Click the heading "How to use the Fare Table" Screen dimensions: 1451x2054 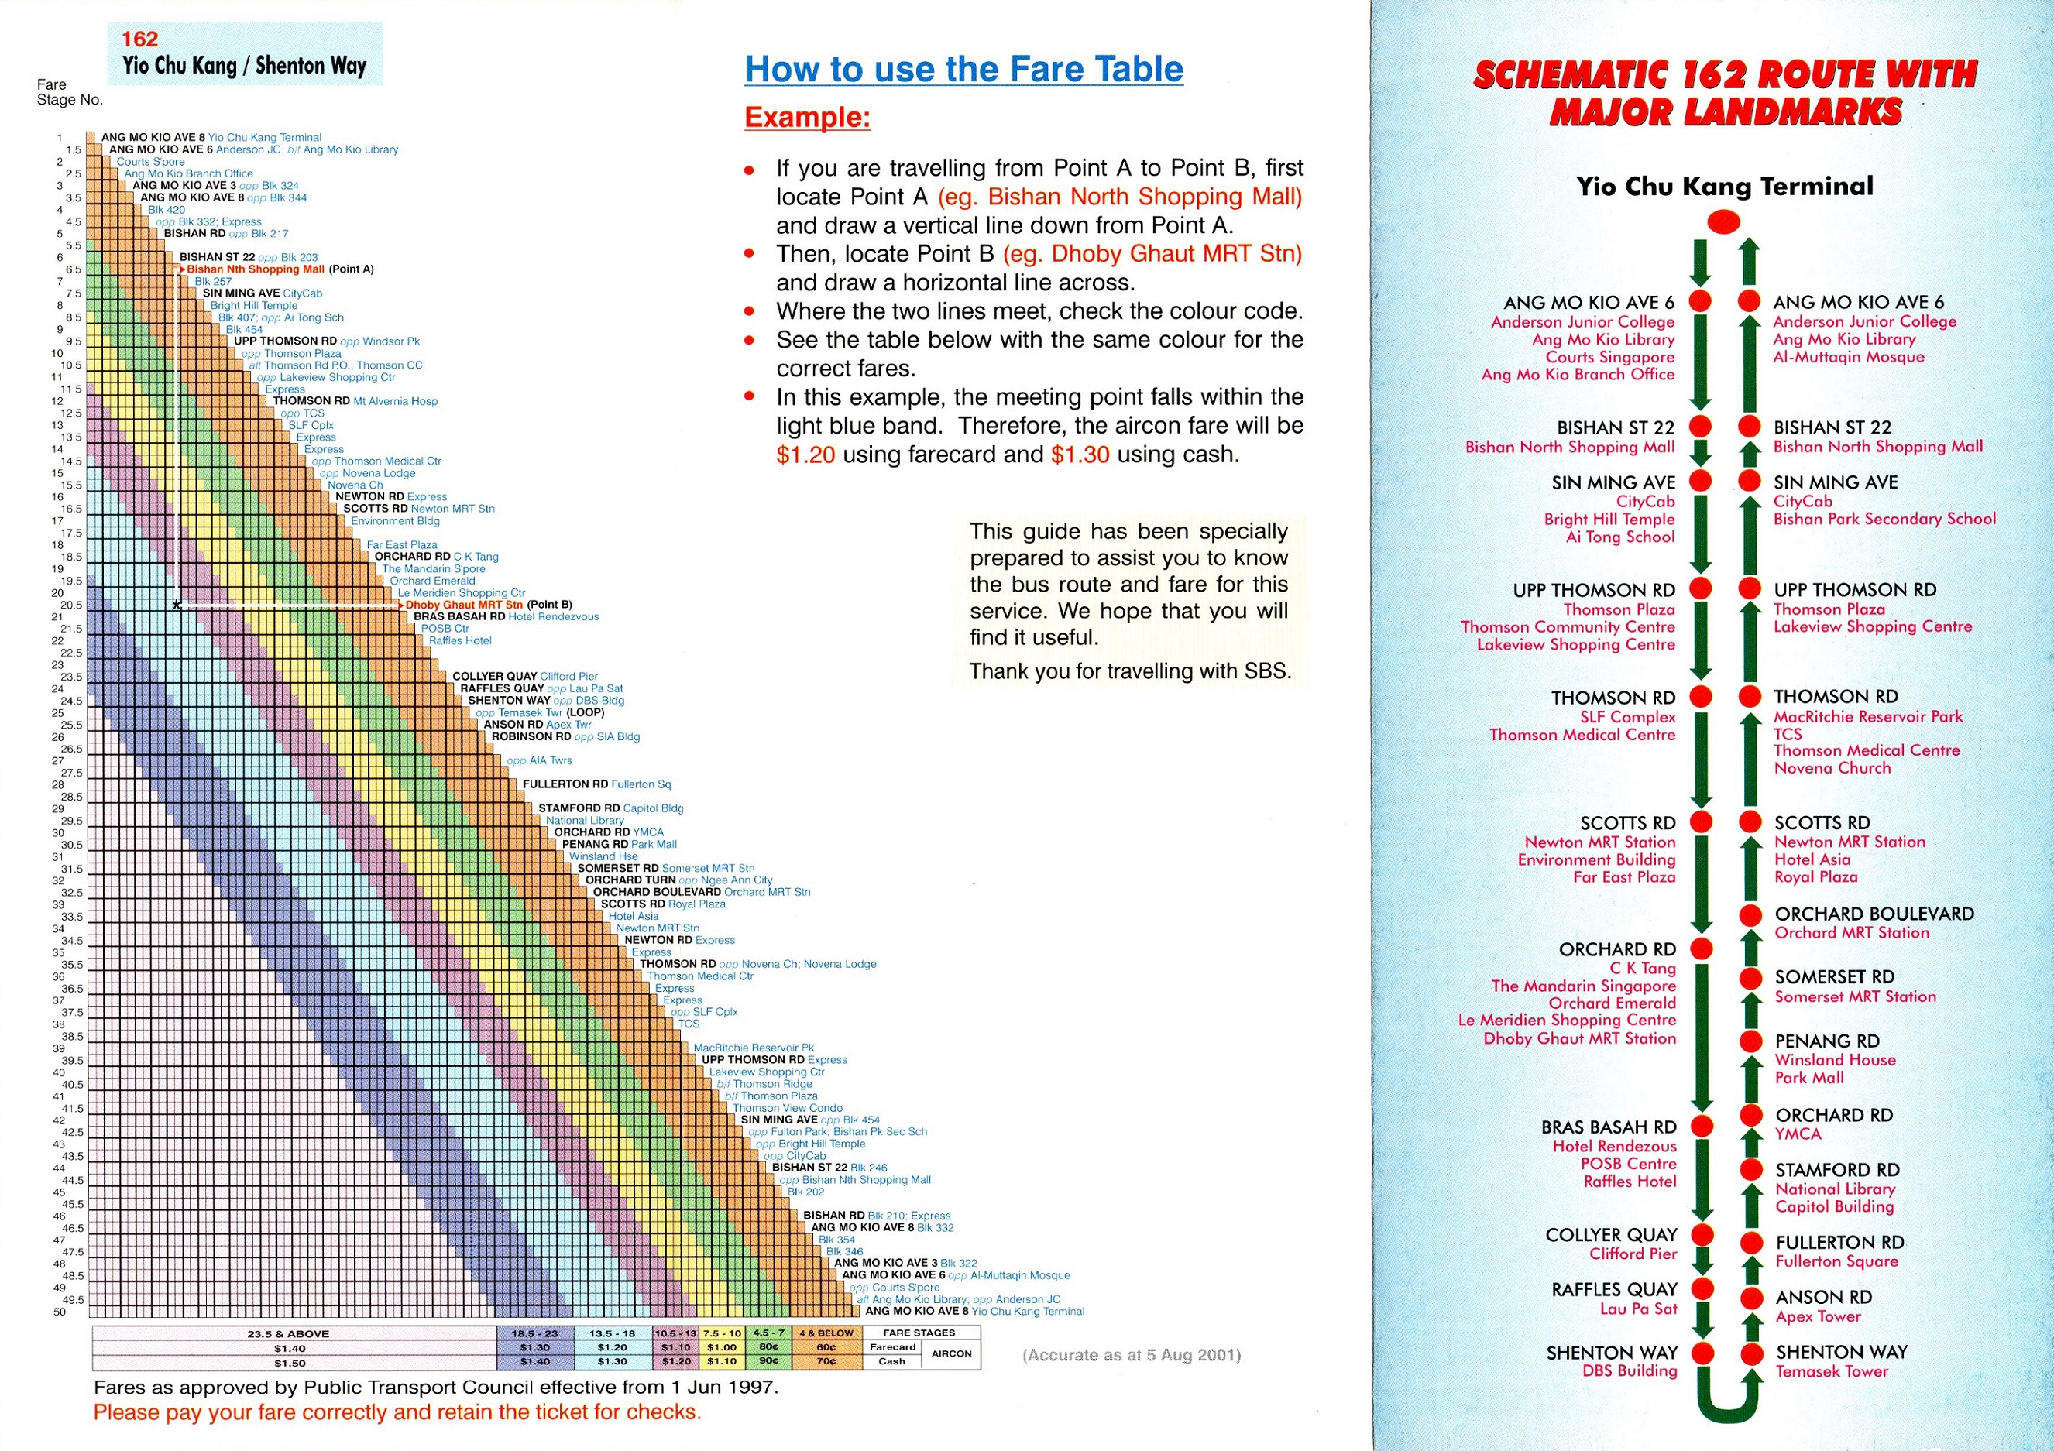pyautogui.click(x=963, y=69)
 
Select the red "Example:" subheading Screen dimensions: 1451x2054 pyautogui.click(x=807, y=117)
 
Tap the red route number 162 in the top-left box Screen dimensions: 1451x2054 pyautogui.click(x=139, y=39)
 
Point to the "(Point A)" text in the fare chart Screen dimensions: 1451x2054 pyautogui.click(x=352, y=269)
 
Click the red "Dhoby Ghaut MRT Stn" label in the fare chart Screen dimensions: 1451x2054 pyautogui.click(x=464, y=605)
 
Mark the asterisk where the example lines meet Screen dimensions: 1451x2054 pyautogui.click(x=177, y=605)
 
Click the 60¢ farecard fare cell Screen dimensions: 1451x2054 pyautogui.click(x=826, y=1347)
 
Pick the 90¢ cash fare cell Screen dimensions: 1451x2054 pyautogui.click(x=768, y=1361)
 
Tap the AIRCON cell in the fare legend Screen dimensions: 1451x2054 pyautogui.click(x=950, y=1353)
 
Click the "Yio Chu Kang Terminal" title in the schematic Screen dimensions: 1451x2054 pyautogui.click(x=1724, y=186)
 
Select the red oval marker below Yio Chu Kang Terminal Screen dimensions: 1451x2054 pyautogui.click(x=1724, y=221)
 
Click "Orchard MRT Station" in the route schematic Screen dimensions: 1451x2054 pyautogui.click(x=1852, y=933)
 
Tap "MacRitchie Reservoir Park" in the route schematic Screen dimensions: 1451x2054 pyautogui.click(x=1868, y=716)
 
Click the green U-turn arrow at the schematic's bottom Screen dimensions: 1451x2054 pyautogui.click(x=1726, y=1401)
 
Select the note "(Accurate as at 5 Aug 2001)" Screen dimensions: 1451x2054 pyautogui.click(x=1131, y=1355)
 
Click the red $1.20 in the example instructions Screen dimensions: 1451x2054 pyautogui.click(x=805, y=455)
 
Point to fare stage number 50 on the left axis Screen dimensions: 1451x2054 pyautogui.click(x=60, y=1312)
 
